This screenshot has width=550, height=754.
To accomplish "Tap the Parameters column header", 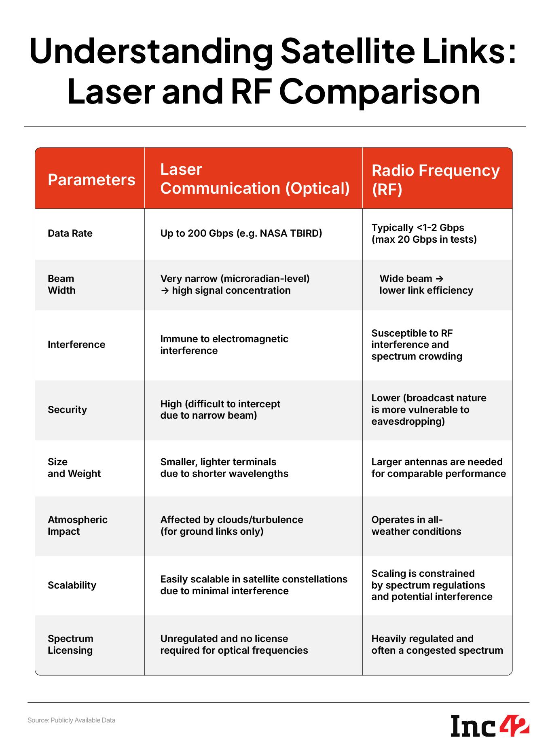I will point(91,180).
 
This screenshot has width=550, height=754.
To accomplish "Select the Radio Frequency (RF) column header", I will point(436,180).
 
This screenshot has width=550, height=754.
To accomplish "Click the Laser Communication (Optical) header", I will point(255,179).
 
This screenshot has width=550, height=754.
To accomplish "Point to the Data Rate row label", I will point(70,233).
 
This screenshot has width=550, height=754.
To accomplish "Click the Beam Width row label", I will point(61,284).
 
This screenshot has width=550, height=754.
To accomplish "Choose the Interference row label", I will point(76,345).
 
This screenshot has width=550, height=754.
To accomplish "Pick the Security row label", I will point(67,410).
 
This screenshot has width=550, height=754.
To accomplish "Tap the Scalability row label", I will point(72,585).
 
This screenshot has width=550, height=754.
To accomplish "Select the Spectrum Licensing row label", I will point(70,644).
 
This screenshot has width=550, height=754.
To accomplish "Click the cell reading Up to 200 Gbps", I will point(241,233).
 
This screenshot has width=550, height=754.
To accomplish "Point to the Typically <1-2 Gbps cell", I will point(424,233).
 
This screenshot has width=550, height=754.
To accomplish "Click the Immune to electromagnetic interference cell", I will point(224,345).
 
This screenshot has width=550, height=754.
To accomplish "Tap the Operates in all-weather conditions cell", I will point(416,525).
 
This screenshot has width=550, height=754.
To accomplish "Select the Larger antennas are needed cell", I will point(438,468).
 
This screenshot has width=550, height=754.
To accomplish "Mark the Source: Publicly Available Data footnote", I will point(71,720).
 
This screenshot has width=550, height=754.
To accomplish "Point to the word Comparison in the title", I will point(379,92).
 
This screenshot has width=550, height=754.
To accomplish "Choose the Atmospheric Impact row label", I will point(77,525).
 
